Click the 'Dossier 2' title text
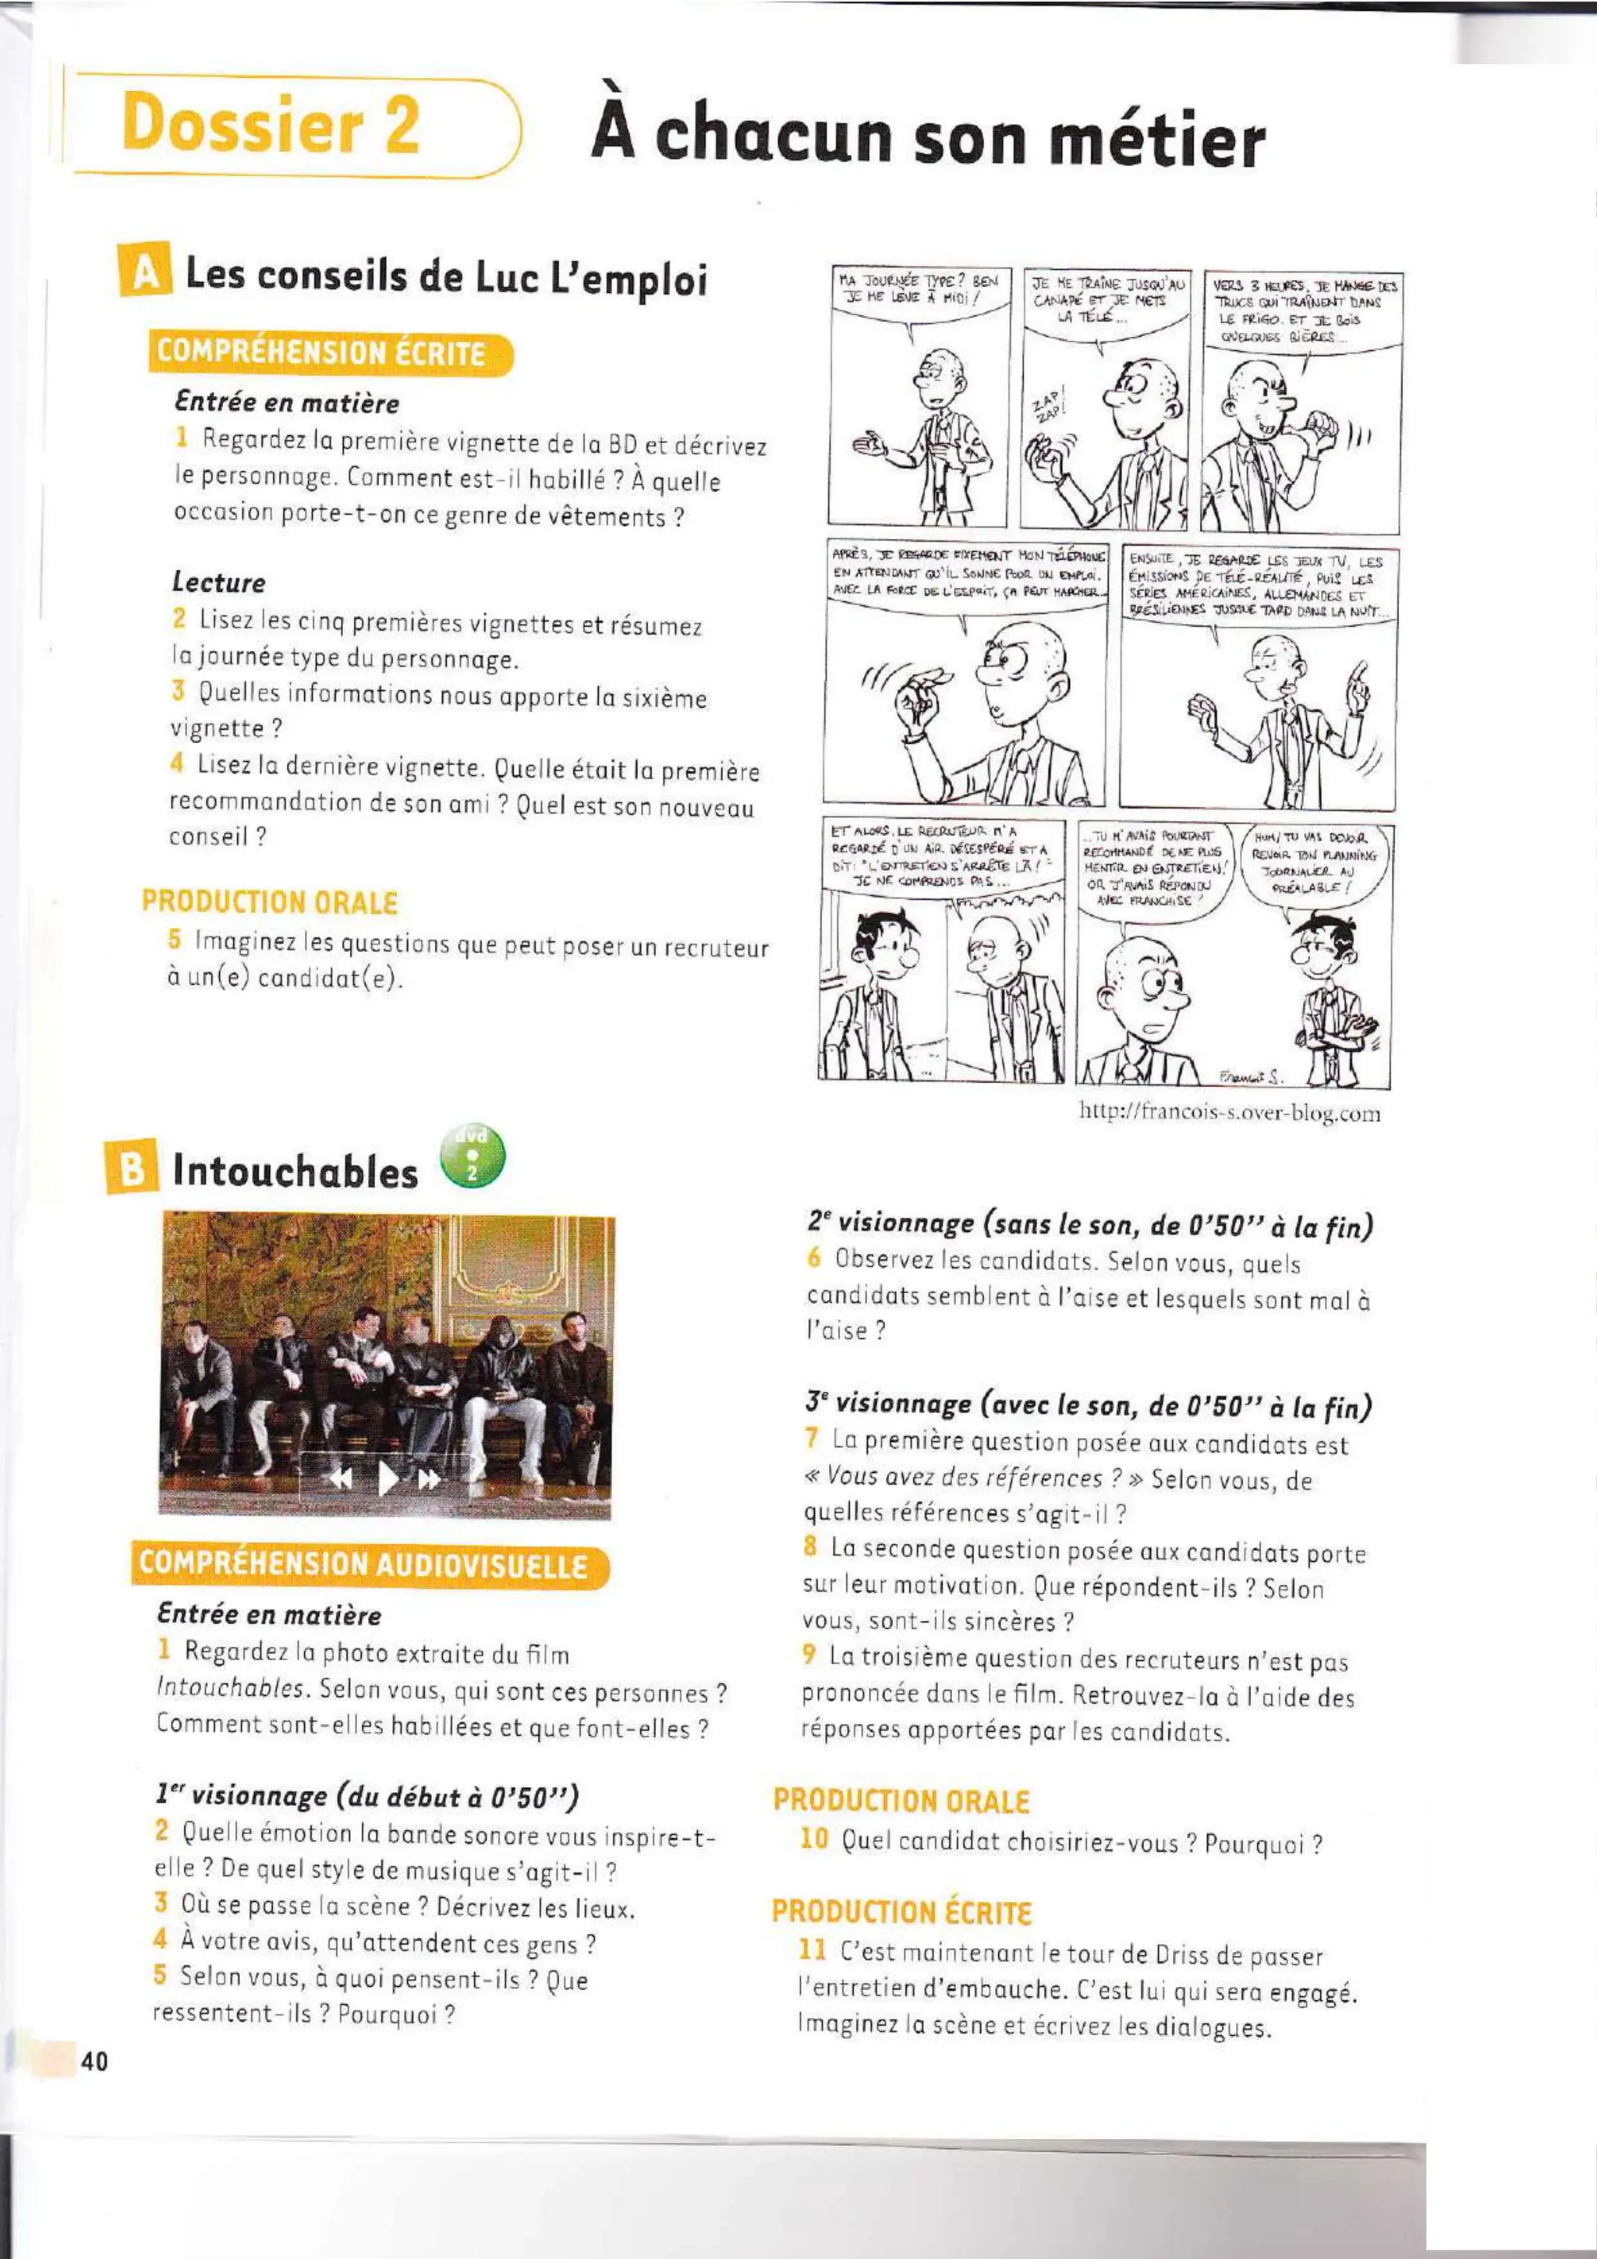click(x=271, y=125)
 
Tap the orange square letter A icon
click(x=143, y=271)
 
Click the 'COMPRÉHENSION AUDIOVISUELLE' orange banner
click(x=369, y=1565)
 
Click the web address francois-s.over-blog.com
click(x=1229, y=1113)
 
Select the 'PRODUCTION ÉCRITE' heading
click(x=901, y=1910)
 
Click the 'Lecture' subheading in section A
click(x=218, y=582)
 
